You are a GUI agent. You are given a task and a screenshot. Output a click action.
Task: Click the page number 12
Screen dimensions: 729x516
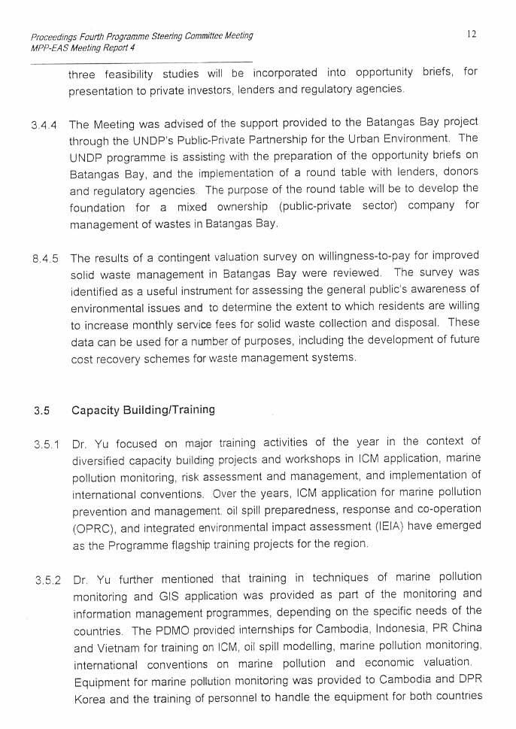(x=471, y=34)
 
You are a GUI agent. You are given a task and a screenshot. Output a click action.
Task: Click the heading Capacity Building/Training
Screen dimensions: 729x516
(x=143, y=410)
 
